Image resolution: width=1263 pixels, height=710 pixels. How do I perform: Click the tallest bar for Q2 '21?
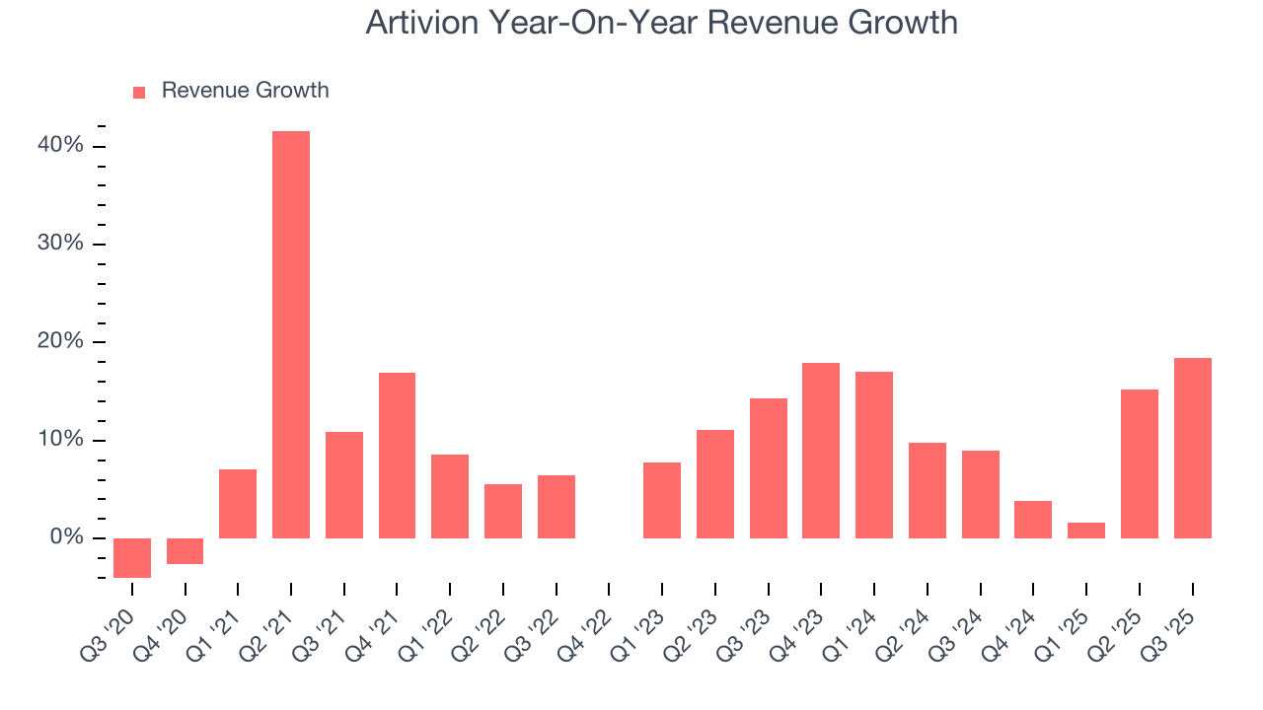[291, 335]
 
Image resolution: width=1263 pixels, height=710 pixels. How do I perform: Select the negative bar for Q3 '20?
[132, 558]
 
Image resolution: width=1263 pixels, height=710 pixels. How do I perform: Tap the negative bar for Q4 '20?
[185, 551]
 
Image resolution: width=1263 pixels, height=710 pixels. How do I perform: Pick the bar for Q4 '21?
[397, 456]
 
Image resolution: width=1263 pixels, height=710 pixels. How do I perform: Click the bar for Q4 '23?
[821, 451]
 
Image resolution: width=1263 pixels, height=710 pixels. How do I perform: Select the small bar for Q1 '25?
[1086, 531]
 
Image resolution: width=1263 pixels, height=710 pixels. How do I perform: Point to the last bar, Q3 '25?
[1192, 449]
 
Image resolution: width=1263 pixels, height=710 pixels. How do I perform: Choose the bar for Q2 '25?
[1140, 463]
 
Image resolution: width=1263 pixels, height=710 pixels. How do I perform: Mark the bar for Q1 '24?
[874, 455]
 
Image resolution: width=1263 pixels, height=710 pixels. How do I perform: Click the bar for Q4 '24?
[1033, 520]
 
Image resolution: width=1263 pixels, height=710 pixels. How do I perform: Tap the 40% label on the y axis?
[61, 146]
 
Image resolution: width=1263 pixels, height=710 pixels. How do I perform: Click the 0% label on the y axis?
[67, 537]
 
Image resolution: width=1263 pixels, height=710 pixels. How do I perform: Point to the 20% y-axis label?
[61, 342]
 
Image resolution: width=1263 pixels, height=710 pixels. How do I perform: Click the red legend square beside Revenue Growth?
[139, 92]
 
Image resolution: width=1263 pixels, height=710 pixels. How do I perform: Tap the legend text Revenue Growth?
[245, 91]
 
